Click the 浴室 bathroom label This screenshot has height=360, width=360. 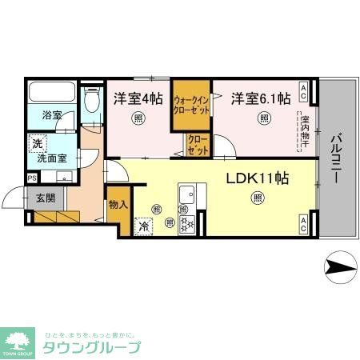[x=51, y=114]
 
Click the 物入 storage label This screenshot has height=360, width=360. [x=118, y=205]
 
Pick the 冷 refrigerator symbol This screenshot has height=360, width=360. [x=144, y=226]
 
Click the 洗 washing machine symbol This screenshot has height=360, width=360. [x=37, y=144]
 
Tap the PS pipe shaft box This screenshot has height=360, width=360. [x=31, y=178]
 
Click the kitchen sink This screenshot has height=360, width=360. [x=190, y=195]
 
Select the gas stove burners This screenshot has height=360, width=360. [x=186, y=223]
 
